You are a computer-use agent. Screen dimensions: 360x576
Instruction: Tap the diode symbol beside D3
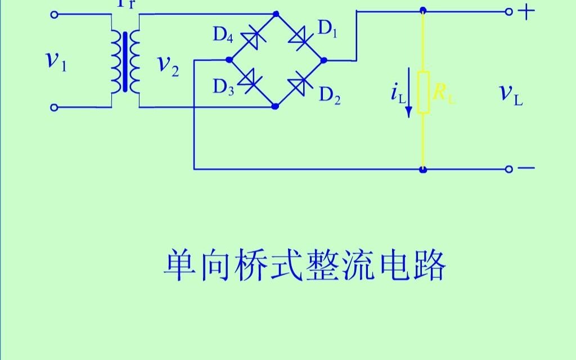tap(250, 82)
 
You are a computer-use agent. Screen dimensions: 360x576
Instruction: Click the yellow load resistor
tap(424, 92)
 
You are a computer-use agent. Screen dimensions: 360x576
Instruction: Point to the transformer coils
tap(125, 61)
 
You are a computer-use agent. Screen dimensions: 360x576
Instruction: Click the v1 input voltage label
tap(56, 61)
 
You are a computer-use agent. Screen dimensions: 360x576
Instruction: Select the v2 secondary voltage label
tap(168, 65)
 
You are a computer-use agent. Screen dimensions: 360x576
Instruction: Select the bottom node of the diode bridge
tap(275, 106)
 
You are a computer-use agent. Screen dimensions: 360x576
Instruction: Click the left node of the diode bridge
tap(228, 59)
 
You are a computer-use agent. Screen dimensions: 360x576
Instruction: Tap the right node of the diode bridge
tap(322, 59)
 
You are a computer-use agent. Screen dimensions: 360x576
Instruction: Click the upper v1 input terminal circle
tap(54, 15)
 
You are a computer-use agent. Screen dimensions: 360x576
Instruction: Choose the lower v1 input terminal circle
tap(54, 107)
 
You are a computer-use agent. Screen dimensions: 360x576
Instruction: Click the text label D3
tap(223, 87)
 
